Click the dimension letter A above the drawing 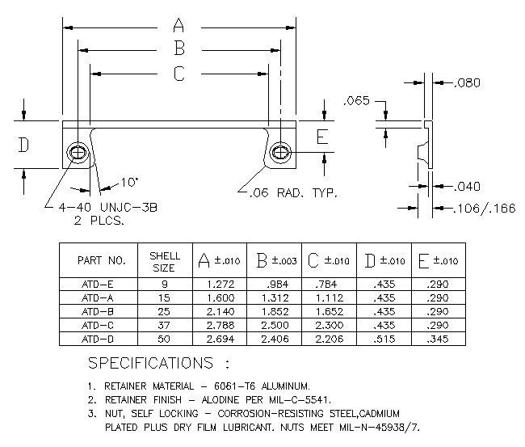[178, 25]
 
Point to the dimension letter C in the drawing [179, 74]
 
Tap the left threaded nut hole [78, 153]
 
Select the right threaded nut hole [280, 153]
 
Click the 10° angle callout [129, 183]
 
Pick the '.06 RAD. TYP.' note [294, 193]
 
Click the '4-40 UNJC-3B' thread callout [107, 208]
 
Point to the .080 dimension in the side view [467, 82]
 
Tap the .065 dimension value [356, 100]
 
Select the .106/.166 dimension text [485, 209]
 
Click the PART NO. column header [102, 260]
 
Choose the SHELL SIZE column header [165, 262]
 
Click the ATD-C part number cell [98, 326]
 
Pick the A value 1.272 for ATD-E [220, 285]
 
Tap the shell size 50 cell [164, 339]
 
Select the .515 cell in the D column [384, 339]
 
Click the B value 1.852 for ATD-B [275, 312]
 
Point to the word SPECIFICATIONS [151, 363]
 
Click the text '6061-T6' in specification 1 [235, 386]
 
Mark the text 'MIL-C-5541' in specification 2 [300, 400]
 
